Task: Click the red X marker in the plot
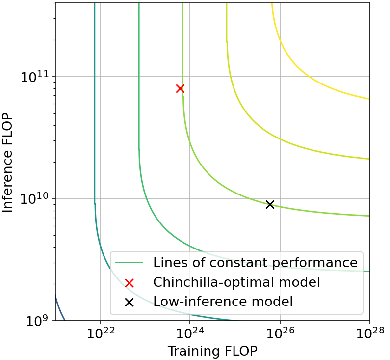coord(180,88)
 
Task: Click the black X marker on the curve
coord(270,204)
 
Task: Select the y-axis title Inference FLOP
coord(8,162)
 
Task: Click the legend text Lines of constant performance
coord(255,263)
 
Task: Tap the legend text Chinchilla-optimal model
coord(236,282)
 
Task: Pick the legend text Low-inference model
coord(223,302)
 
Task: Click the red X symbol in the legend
coord(129,283)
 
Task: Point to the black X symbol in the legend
coord(129,302)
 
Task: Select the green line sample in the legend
coord(129,263)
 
